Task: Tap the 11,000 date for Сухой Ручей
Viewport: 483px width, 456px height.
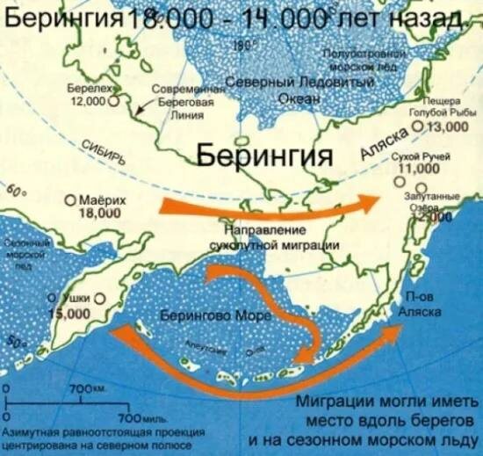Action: pos(419,168)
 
